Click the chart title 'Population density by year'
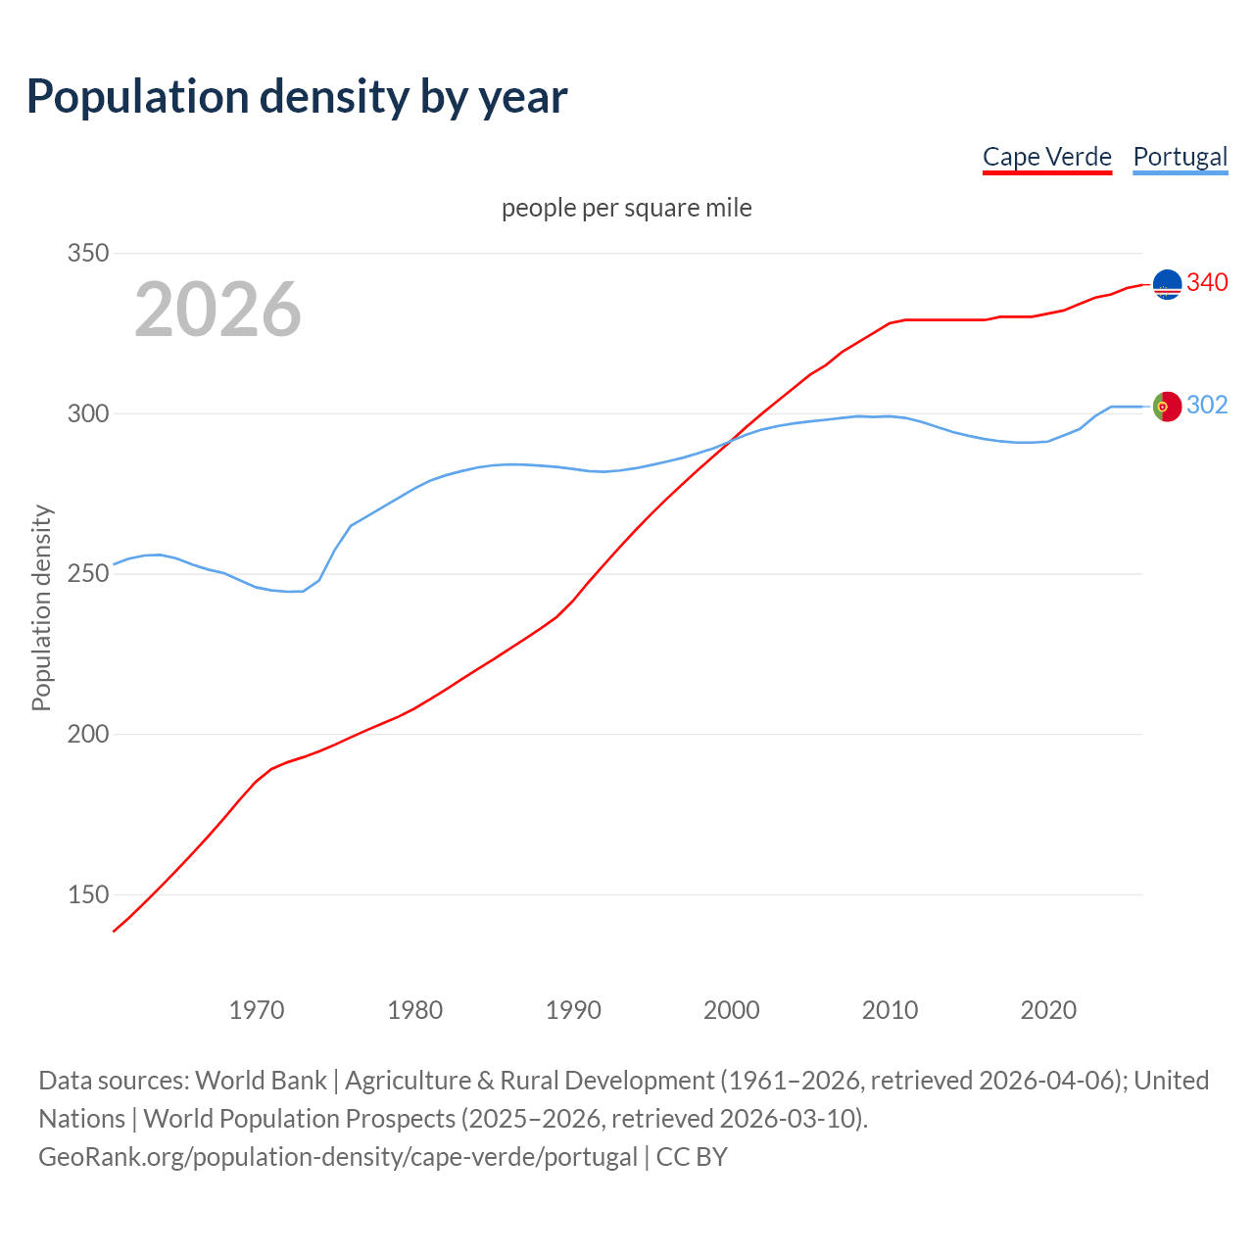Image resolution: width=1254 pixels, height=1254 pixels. pos(297,96)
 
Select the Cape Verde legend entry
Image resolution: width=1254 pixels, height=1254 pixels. pos(1046,157)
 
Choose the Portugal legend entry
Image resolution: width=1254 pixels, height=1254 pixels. pos(1180,157)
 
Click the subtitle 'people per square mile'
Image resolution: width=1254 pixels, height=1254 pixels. pos(627,208)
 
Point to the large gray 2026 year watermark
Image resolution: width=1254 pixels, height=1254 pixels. pos(217,310)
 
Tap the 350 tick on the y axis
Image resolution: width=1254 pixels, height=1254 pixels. pos(87,253)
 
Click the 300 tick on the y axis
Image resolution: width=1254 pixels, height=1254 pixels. pos(87,413)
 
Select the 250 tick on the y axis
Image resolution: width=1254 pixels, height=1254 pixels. pos(87,573)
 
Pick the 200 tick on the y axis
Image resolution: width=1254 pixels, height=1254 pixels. pos(87,734)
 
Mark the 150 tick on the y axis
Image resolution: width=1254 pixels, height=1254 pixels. pos(87,894)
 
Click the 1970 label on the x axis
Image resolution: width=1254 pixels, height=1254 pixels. pos(257,1010)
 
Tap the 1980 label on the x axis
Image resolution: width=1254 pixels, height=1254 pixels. pos(414,1010)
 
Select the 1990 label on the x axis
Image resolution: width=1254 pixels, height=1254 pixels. pos(573,1010)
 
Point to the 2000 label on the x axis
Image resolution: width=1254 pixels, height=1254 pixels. pos(732,1010)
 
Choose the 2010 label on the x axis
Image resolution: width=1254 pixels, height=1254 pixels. pos(890,1010)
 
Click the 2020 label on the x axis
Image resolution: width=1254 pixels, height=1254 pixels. pos(1048,1010)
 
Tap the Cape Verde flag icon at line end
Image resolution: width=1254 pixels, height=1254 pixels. pos(1167,284)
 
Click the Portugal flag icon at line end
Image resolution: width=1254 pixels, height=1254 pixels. pos(1167,407)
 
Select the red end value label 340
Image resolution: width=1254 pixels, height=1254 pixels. pos(1207,282)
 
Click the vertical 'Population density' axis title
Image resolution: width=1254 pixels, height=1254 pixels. pos(41,607)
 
